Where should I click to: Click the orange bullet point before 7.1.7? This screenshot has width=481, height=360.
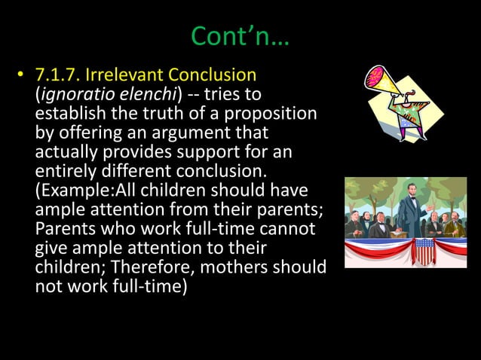click(x=23, y=75)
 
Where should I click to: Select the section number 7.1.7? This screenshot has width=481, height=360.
click(x=60, y=75)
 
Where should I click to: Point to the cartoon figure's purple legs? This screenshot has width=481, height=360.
click(x=408, y=128)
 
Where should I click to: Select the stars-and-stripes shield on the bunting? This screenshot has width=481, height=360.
click(x=426, y=252)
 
